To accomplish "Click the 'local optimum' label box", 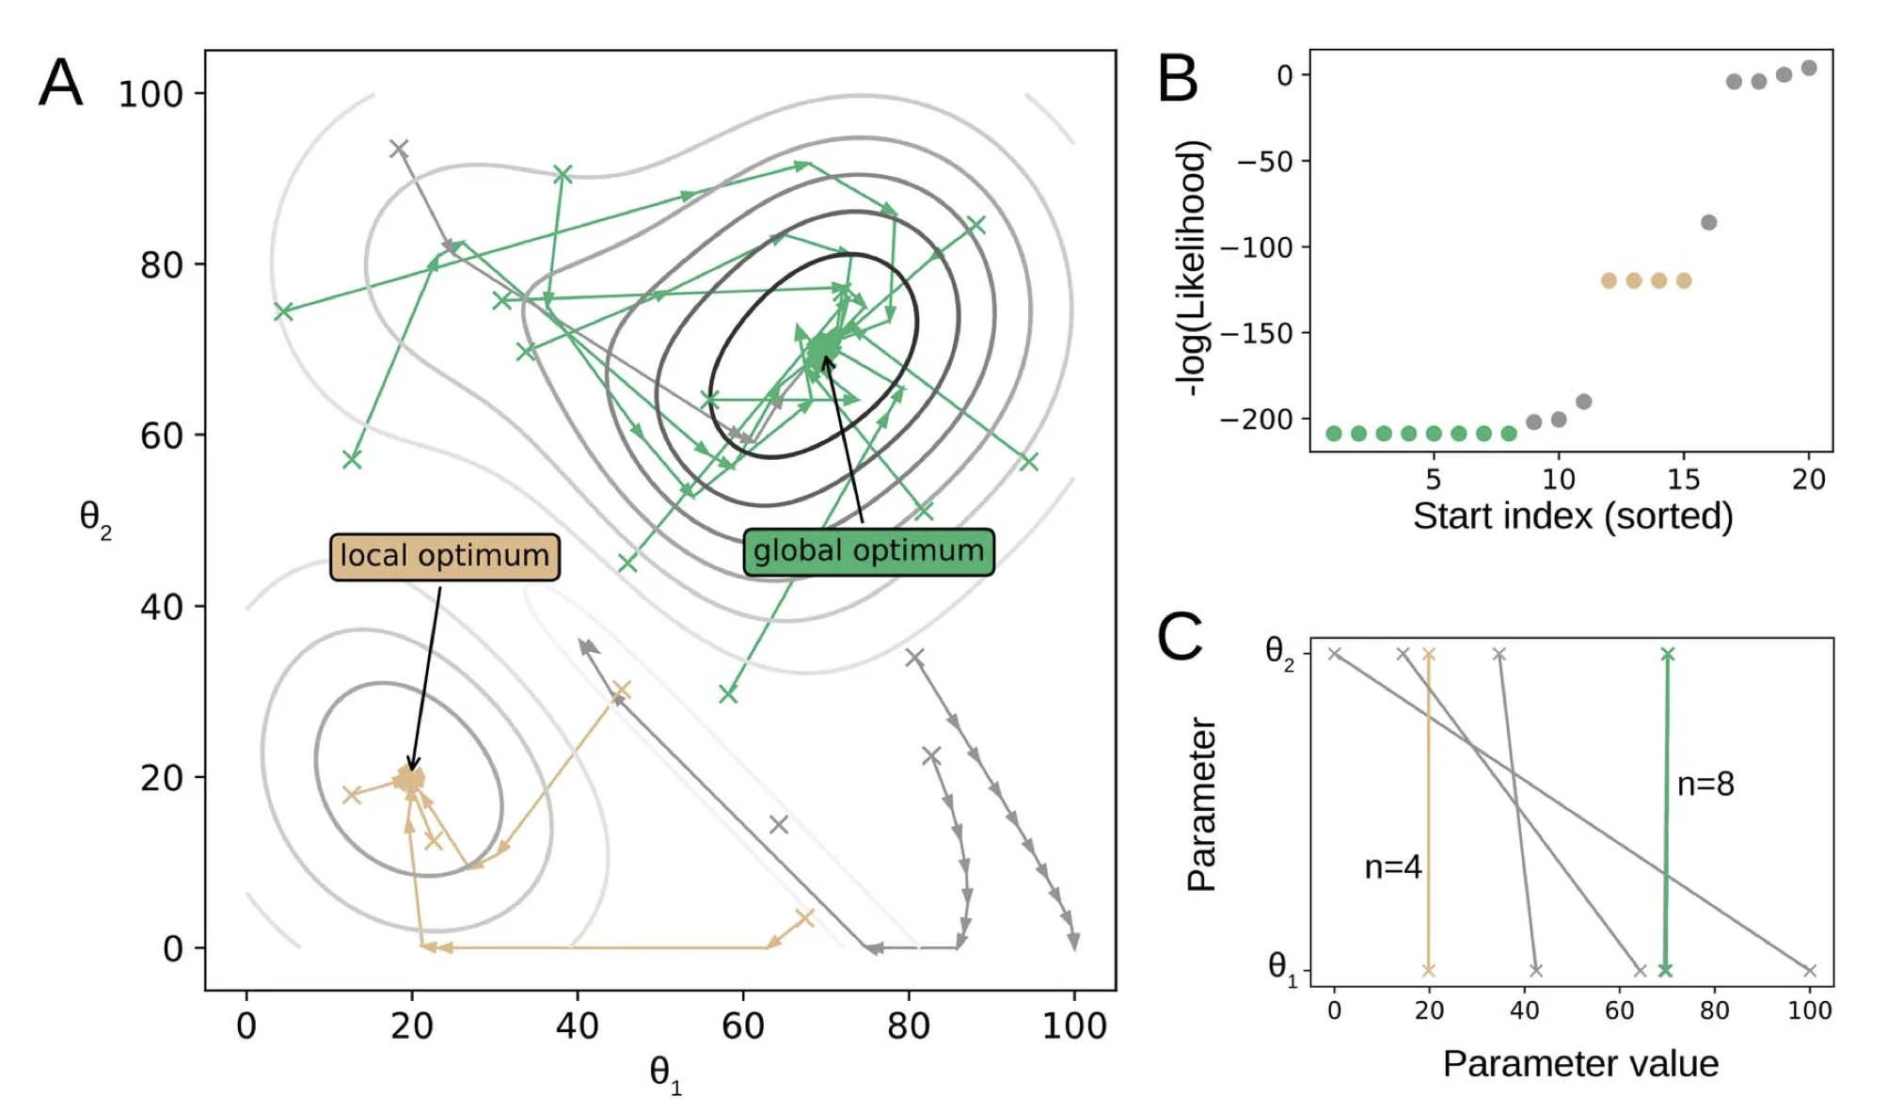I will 444,556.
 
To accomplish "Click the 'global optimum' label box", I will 867,551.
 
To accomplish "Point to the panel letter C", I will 1179,637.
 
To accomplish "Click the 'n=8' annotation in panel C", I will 1705,784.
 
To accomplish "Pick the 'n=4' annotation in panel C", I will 1392,866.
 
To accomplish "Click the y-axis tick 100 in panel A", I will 150,94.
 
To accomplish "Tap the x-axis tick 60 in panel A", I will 742,1025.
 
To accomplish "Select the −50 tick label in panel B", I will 1266,162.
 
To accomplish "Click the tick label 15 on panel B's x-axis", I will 1683,480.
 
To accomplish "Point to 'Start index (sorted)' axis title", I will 1572,516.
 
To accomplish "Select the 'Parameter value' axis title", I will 1580,1063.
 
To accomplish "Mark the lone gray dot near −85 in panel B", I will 1708,223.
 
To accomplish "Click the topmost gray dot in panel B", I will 1808,68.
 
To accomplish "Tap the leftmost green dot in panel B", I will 1333,434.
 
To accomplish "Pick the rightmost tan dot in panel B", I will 1684,280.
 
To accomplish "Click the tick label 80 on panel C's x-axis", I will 1714,1010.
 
